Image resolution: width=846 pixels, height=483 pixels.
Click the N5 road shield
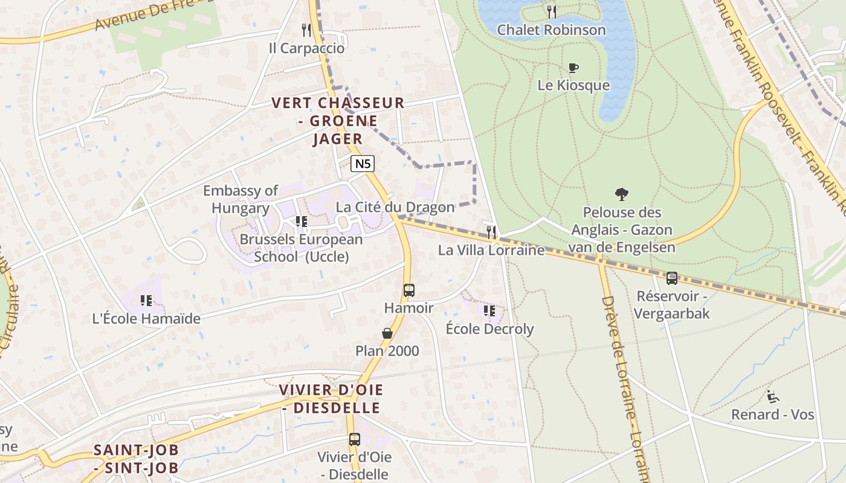click(x=363, y=163)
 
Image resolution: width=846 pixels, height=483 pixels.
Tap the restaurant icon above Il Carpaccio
click(x=306, y=30)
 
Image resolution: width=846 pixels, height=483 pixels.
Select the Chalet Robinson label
click(x=551, y=30)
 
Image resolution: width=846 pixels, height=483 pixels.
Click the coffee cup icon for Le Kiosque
click(x=573, y=68)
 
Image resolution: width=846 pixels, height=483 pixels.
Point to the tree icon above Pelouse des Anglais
click(x=621, y=194)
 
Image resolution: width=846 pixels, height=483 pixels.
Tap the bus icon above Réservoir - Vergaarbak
click(x=671, y=278)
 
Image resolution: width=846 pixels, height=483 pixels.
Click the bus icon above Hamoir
click(x=409, y=290)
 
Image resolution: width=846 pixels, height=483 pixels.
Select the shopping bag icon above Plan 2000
click(x=387, y=333)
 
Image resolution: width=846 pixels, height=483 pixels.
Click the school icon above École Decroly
click(x=489, y=311)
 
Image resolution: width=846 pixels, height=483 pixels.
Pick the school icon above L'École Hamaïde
click(x=146, y=300)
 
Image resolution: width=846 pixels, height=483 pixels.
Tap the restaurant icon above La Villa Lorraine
click(x=492, y=232)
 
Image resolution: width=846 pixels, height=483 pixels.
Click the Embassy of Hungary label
click(x=241, y=199)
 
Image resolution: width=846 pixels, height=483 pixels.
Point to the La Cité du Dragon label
click(x=395, y=207)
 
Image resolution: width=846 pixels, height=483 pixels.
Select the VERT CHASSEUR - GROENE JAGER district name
click(x=338, y=121)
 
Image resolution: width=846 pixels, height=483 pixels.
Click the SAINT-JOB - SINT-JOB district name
click(x=137, y=459)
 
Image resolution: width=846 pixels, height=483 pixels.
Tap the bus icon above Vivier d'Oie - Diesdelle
click(x=354, y=440)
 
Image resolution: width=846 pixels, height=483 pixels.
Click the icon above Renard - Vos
click(x=772, y=397)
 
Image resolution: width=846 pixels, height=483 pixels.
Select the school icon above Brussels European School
click(x=301, y=222)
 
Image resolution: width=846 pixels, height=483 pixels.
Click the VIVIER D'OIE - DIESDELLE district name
click(x=331, y=398)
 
